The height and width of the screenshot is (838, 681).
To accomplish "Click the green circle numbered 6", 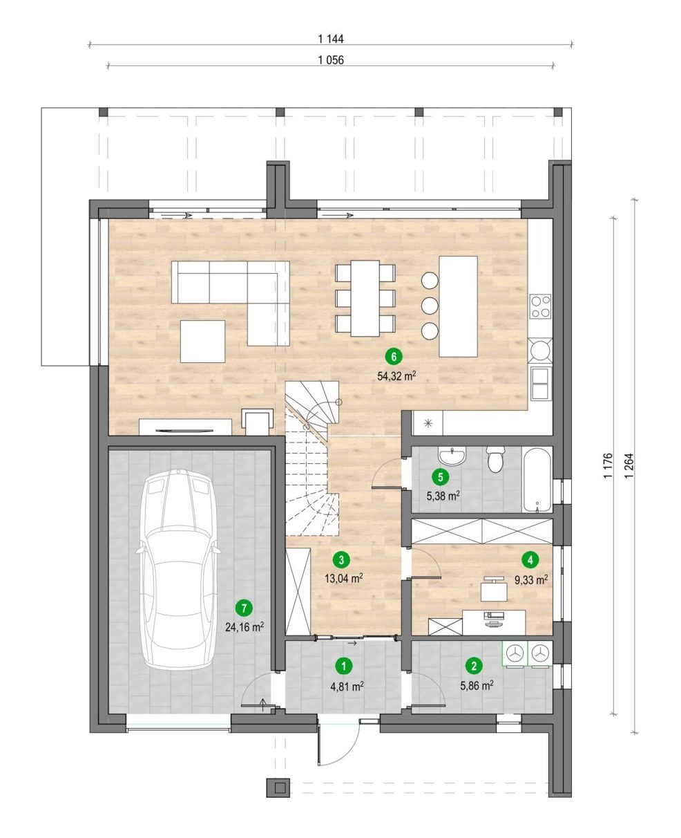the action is [394, 357].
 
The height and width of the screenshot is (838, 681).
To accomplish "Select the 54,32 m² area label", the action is [396, 376].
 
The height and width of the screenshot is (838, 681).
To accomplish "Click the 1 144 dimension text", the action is [331, 39].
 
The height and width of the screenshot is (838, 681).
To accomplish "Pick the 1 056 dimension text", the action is [331, 59].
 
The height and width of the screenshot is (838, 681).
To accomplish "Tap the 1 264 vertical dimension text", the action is [630, 465].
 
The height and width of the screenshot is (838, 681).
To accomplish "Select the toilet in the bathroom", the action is [494, 460].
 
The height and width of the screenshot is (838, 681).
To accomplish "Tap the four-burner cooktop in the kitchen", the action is [540, 306].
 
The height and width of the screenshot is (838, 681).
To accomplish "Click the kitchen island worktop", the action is [458, 306].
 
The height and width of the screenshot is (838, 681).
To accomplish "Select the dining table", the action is [365, 298].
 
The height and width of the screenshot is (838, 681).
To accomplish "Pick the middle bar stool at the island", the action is [430, 306].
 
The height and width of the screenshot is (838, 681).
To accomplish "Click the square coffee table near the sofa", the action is [203, 341].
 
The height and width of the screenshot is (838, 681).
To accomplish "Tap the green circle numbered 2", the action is [474, 666].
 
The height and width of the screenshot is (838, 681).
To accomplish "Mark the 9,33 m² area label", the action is [531, 579].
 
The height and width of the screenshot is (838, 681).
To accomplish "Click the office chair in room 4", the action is [494, 588].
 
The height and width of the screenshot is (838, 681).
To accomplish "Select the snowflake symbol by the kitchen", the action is [428, 423].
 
